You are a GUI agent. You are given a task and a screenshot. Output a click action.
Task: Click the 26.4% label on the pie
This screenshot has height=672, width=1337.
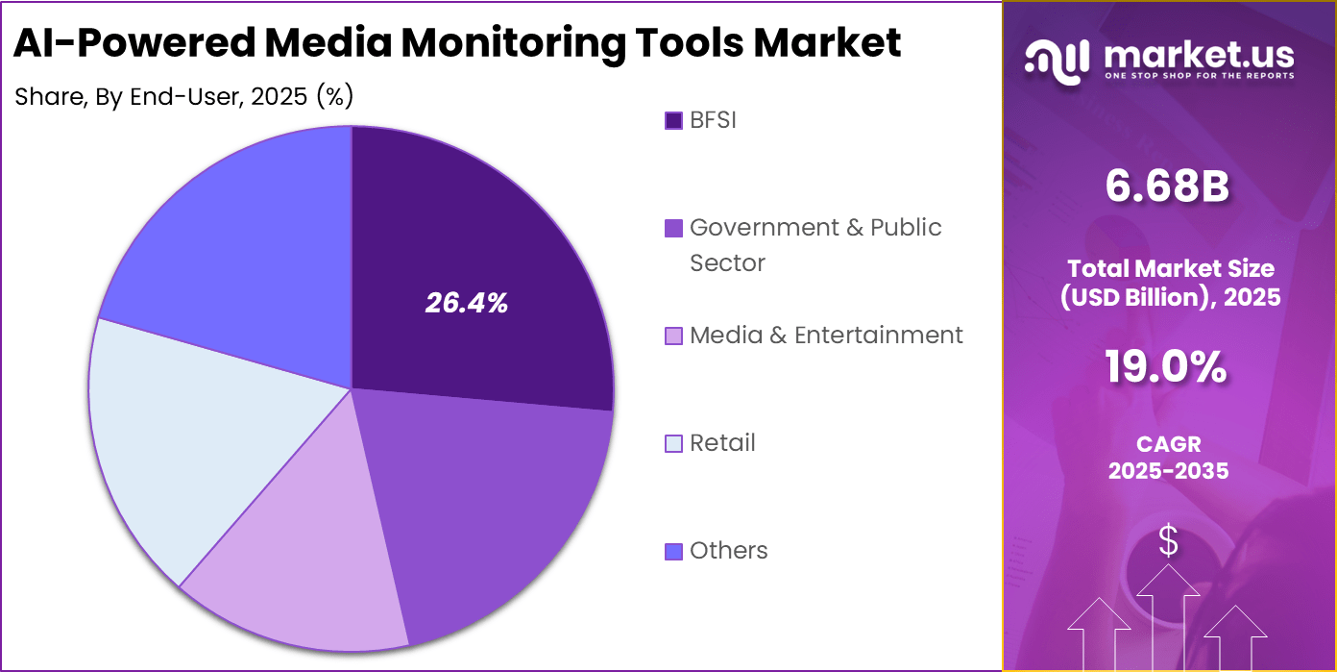pos(467,304)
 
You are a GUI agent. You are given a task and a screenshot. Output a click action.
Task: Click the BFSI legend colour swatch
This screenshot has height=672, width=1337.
pos(673,120)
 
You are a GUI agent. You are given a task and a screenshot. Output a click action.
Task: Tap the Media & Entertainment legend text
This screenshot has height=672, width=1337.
pos(826,335)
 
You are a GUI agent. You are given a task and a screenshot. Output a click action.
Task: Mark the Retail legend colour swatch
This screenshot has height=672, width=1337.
pos(673,443)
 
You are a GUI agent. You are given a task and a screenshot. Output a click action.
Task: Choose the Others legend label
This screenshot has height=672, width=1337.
pos(728,550)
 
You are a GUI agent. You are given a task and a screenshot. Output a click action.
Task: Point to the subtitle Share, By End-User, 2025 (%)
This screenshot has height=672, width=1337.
pos(183,96)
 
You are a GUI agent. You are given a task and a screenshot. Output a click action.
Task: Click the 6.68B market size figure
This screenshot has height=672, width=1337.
pos(1167,186)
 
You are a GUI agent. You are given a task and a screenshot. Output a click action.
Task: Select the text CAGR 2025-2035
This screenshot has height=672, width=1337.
pos(1168,458)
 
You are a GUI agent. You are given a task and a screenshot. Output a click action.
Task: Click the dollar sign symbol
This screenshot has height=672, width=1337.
pos(1168,542)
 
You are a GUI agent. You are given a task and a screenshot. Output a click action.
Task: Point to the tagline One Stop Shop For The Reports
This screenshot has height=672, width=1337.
pos(1199,75)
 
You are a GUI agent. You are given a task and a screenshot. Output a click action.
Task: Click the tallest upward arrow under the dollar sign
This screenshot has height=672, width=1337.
pos(1168,615)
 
